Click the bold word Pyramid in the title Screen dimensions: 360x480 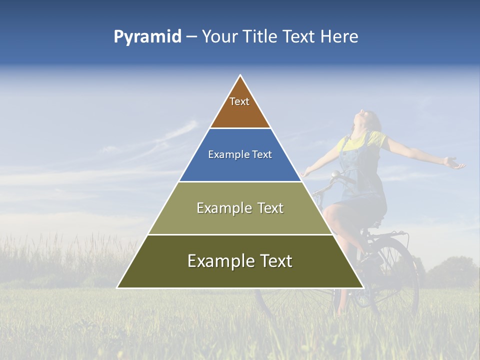(x=147, y=37)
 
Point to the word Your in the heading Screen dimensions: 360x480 (x=220, y=36)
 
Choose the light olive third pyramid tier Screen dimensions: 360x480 (x=240, y=220)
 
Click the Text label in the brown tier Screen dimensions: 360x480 (x=239, y=101)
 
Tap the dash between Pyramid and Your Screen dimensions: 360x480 (x=191, y=37)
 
